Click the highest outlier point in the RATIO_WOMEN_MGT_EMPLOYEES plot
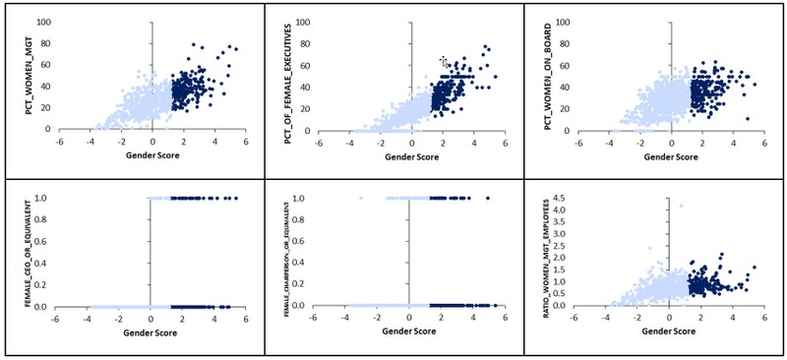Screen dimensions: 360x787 (x=680, y=206)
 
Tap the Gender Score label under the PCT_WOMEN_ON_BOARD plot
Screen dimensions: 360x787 (x=670, y=156)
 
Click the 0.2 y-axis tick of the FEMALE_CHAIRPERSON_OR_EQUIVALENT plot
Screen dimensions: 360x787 (x=303, y=284)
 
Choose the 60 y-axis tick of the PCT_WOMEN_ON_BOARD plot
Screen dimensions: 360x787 (x=562, y=65)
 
